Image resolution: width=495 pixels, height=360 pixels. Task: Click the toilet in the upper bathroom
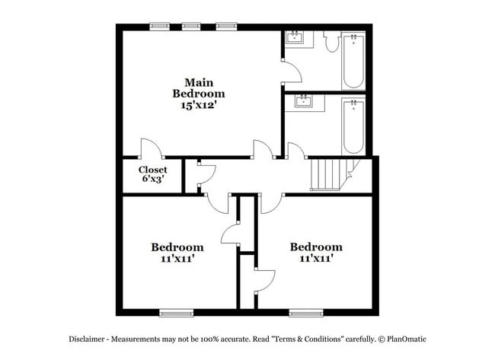(x=331, y=43)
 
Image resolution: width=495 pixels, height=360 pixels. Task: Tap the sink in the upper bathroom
(x=295, y=37)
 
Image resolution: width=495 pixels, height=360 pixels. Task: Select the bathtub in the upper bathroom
(x=353, y=61)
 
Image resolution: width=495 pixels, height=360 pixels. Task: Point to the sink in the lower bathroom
(x=304, y=101)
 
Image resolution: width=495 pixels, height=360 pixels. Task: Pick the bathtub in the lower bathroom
(x=353, y=126)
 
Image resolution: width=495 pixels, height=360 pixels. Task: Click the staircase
(x=329, y=174)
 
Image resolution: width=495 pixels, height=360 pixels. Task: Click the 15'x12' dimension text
(x=198, y=107)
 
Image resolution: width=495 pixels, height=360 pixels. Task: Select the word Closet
(x=152, y=170)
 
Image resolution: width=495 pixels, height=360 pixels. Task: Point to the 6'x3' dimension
(x=152, y=180)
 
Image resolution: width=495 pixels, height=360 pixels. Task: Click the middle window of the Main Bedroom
(x=192, y=27)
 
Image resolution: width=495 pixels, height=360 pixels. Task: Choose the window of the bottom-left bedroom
(x=176, y=312)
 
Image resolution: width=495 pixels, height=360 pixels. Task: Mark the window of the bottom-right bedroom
(x=305, y=312)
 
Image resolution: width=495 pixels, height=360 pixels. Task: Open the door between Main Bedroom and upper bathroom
(x=292, y=74)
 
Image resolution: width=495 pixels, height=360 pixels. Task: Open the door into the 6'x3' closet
(x=150, y=148)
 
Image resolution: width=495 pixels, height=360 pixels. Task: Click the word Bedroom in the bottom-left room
(x=177, y=247)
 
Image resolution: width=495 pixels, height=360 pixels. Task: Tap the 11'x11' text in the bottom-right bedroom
(x=315, y=259)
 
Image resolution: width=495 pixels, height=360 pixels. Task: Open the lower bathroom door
(x=296, y=151)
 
